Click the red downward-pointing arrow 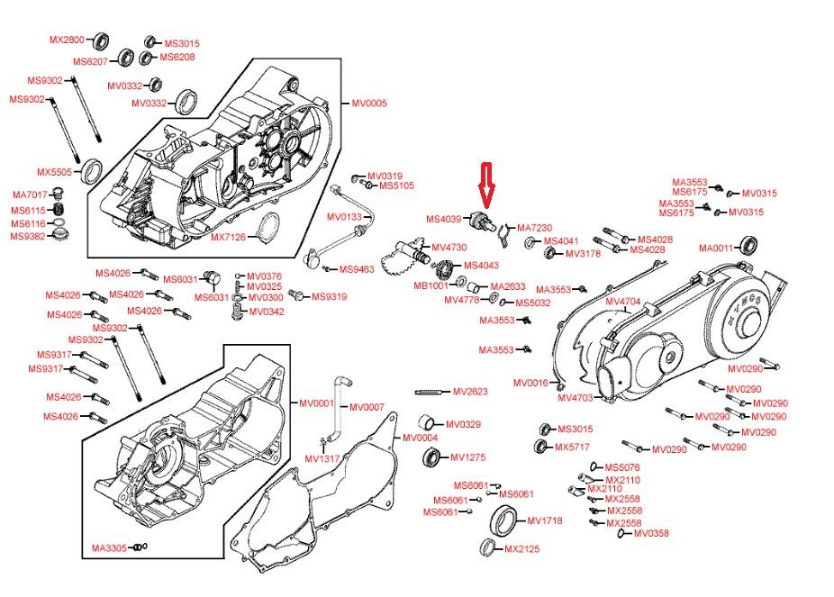[486, 184]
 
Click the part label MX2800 [66, 40]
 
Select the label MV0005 [368, 104]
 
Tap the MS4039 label [443, 219]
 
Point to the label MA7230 [534, 228]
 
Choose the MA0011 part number [717, 248]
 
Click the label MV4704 [622, 301]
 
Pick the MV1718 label [544, 520]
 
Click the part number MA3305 [109, 547]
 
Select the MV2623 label [470, 392]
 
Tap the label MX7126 [229, 237]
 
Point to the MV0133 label [343, 217]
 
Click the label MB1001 [431, 285]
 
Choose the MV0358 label [651, 533]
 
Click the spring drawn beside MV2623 [431, 392]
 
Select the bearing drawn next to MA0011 [748, 244]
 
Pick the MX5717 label [572, 447]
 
